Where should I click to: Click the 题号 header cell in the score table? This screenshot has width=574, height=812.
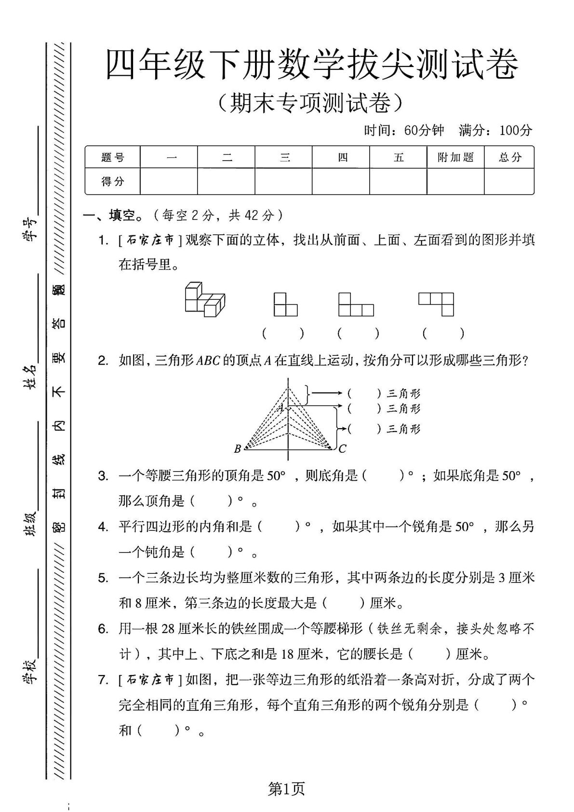coord(113,157)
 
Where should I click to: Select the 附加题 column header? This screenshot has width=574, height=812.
coord(455,157)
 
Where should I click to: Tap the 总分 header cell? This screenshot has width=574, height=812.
coord(510,157)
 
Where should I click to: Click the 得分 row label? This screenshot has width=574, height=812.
coord(113,181)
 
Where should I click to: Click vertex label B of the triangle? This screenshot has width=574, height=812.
coord(237,449)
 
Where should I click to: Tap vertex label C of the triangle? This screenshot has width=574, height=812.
coord(342,449)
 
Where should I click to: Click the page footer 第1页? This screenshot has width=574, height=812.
coord(286,789)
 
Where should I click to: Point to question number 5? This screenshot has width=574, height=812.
coord(103,578)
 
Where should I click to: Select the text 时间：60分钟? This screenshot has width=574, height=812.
coord(404,130)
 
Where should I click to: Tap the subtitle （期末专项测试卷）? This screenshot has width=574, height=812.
coord(310,102)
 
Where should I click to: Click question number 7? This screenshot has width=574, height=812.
coord(103,680)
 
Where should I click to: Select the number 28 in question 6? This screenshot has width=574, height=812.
coord(167,629)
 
